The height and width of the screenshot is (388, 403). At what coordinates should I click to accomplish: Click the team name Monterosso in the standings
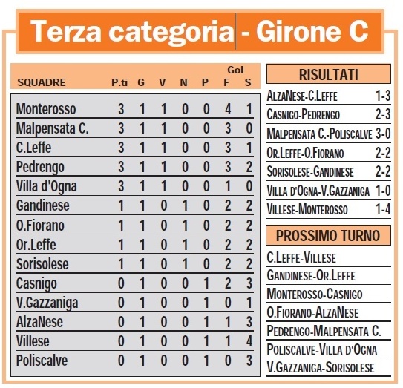coord(46,109)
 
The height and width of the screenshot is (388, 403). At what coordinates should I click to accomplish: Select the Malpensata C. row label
coord(52,128)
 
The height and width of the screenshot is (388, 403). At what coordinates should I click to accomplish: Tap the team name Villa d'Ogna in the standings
coord(46,186)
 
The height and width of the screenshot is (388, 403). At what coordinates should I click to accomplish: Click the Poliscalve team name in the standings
coord(43,361)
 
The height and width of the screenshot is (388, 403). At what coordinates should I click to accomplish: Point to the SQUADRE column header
coord(42,82)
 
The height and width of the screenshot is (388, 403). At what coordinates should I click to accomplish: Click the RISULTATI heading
coord(328,75)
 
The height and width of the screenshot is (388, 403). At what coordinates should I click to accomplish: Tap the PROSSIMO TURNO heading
coord(328,237)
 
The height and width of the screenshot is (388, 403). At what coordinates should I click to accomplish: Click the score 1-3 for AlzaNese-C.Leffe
coord(382,96)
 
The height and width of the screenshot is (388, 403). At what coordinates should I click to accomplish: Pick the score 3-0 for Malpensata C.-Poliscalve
coord(382,134)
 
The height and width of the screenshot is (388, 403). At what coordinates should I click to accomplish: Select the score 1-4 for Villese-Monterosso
coord(382,210)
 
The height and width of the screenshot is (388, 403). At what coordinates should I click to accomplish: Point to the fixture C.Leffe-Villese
coord(301,257)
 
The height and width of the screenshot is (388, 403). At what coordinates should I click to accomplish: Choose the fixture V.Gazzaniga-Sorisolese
coord(320,367)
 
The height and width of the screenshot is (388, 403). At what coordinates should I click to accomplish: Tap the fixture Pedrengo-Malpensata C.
coord(323,331)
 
